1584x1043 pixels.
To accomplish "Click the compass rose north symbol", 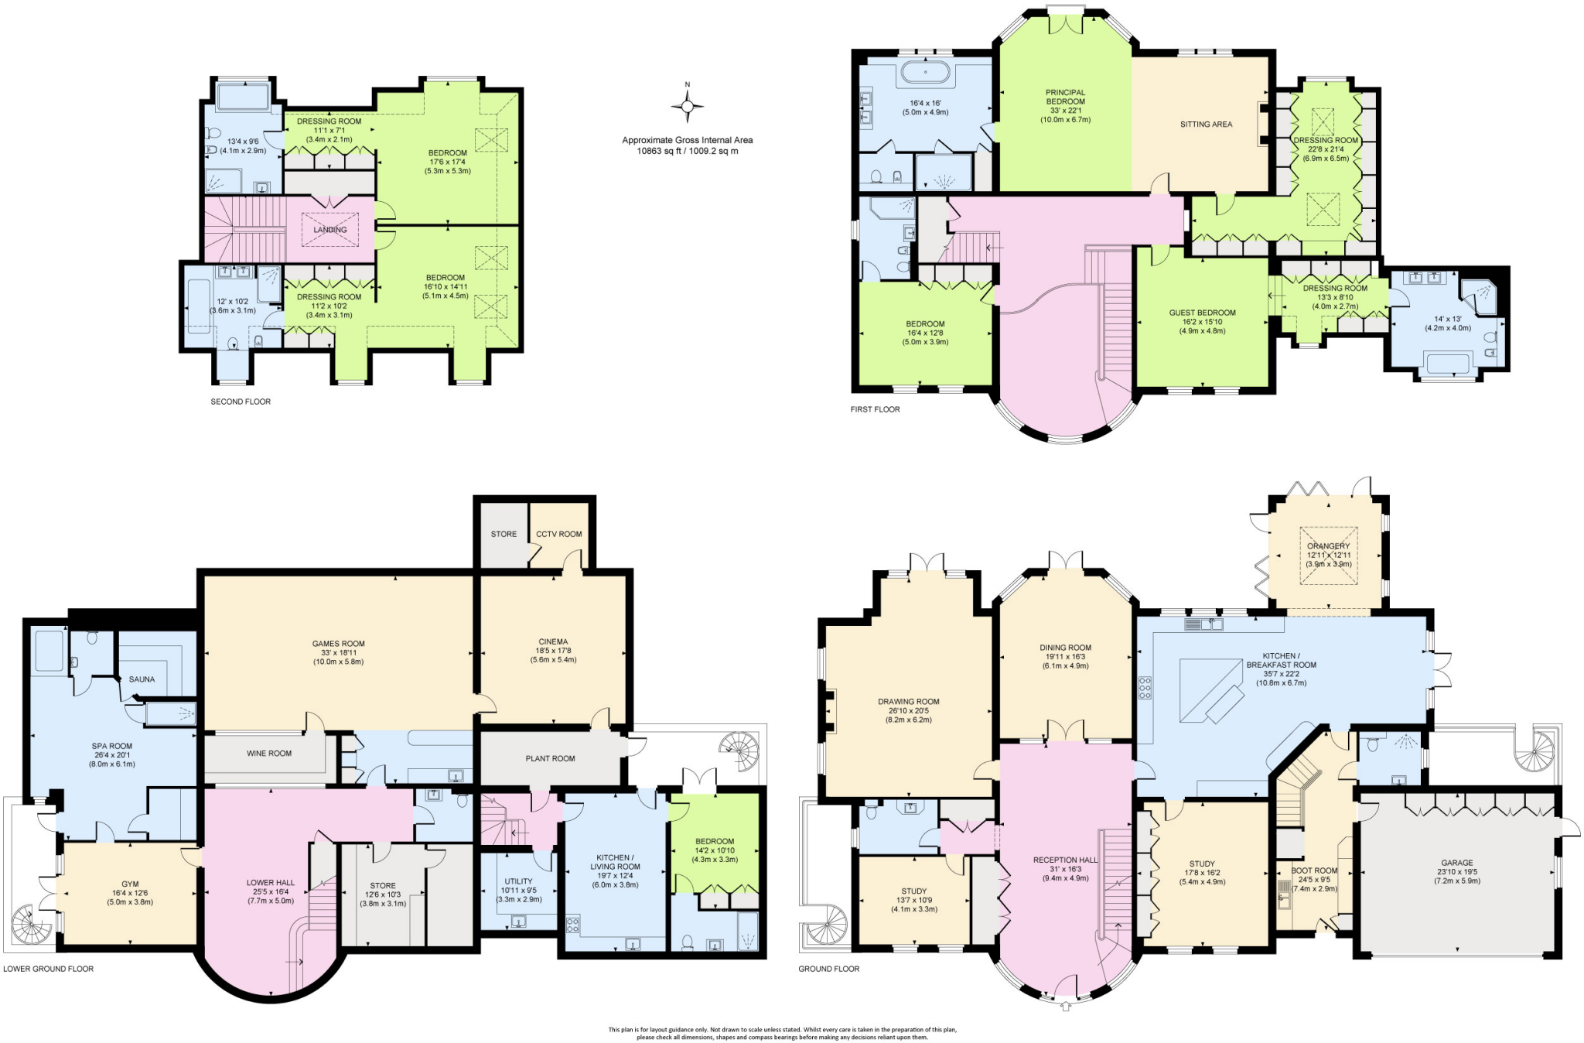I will point(687,105).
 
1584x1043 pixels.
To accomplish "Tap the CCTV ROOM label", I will point(558,534).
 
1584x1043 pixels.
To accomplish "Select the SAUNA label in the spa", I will point(142,679).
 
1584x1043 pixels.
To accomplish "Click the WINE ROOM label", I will point(269,753).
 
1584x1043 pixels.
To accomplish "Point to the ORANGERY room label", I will point(1328,546).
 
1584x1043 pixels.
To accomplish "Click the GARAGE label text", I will point(1456,863).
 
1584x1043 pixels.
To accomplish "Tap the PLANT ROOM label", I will point(550,758).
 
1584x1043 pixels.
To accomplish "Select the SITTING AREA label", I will point(1206,124).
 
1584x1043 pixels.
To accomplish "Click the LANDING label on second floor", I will point(330,230).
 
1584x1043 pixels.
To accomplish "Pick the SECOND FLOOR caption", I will point(241,402).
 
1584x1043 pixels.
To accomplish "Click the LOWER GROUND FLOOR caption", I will point(48,969).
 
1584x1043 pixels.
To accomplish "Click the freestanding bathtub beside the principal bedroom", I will point(925,74).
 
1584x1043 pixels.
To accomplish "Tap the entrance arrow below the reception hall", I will point(1065,1006).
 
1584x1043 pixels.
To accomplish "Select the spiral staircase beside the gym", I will point(28,923).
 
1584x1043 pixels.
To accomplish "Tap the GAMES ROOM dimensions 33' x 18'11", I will point(338,652).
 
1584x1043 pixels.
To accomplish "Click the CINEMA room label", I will point(553,641).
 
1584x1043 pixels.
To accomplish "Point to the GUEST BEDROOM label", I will point(1202,313).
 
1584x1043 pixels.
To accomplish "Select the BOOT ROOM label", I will point(1314,870).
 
